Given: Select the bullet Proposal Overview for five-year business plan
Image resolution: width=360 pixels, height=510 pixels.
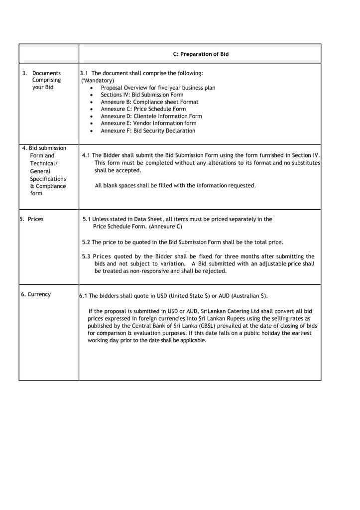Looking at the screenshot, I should [x=158, y=88].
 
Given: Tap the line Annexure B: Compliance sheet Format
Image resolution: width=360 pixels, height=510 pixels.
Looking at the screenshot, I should [x=149, y=102].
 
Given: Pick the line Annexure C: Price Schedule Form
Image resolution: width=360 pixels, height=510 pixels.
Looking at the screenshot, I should [x=143, y=109].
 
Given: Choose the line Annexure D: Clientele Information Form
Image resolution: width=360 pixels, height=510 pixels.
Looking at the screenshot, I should [x=151, y=116].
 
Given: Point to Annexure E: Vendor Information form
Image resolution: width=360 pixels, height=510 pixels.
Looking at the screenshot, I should [x=148, y=123].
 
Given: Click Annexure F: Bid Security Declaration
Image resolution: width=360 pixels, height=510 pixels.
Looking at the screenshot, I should [x=148, y=131].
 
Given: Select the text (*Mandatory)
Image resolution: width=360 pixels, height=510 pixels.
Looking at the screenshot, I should [x=98, y=80].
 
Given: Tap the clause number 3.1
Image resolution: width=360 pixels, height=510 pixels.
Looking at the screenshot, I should [x=84, y=73].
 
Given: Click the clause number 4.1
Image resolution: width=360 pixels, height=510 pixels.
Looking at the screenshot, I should [x=86, y=155].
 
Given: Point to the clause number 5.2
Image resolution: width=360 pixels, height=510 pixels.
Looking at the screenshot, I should [x=86, y=243].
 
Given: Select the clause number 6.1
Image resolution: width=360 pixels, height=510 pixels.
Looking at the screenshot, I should [x=83, y=296].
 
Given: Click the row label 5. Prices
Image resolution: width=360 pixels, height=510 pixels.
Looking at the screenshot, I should [x=32, y=219].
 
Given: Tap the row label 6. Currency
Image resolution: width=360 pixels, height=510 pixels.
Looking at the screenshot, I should [x=36, y=294].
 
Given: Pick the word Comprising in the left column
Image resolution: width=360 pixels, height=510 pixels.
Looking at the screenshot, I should [x=46, y=80].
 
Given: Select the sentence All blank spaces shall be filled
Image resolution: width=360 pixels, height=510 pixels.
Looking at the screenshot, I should [x=175, y=186].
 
